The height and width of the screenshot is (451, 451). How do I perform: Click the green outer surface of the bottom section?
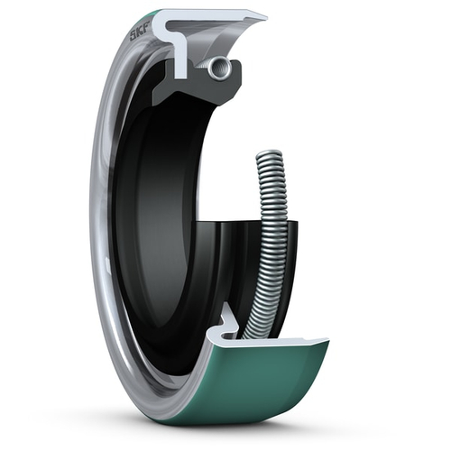[x=262, y=388]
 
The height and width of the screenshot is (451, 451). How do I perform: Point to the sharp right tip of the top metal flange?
[x=264, y=17]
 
